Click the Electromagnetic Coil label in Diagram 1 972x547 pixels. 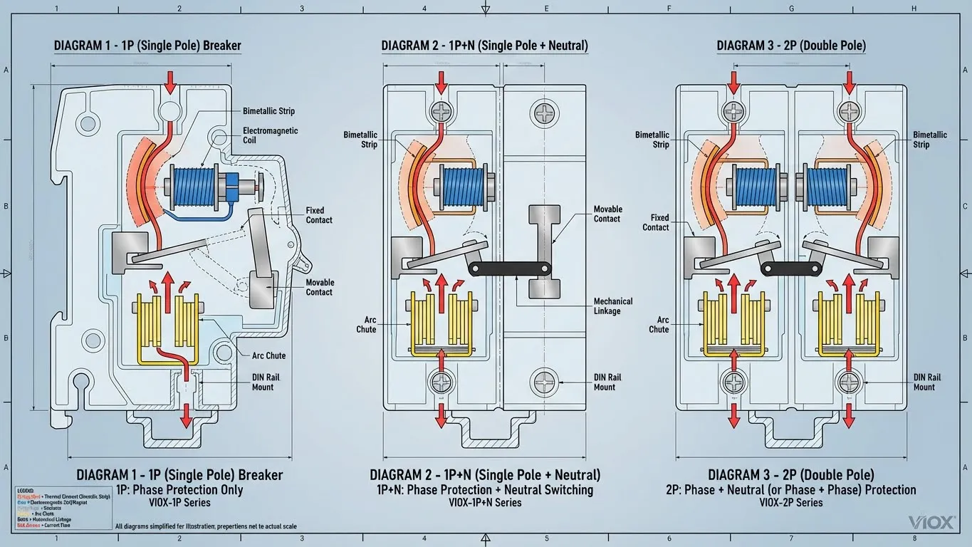pos(270,135)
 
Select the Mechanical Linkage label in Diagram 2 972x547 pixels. pos(612,306)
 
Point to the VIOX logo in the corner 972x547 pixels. pos(931,523)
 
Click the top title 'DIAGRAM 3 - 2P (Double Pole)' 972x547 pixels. pos(791,46)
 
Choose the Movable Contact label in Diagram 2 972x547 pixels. pos(607,214)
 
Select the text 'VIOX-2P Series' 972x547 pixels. pos(790,503)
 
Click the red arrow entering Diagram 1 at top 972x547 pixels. pos(170,80)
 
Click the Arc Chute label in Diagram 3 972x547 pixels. pos(659,325)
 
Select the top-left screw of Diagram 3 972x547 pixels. pos(733,110)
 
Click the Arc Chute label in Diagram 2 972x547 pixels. pos(366,325)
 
